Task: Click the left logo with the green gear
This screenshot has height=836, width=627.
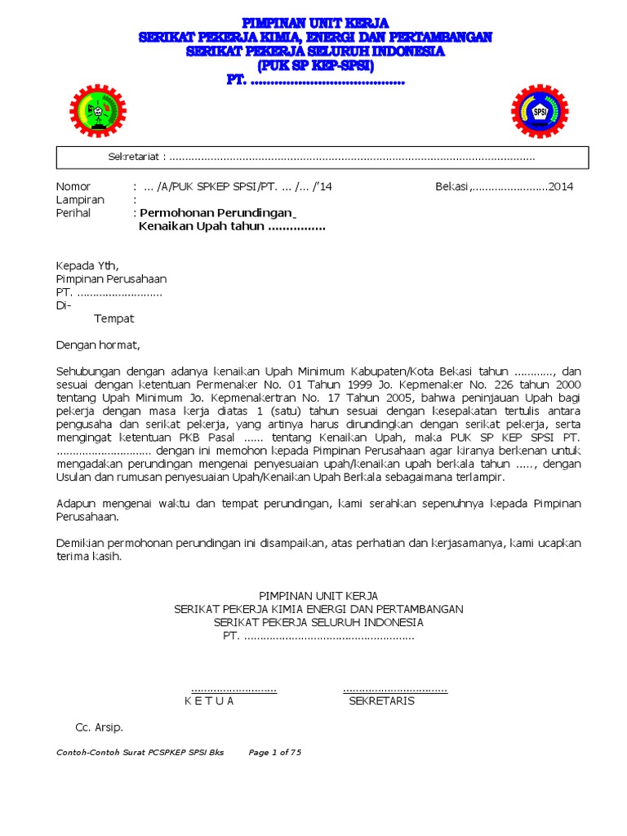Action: point(98,111)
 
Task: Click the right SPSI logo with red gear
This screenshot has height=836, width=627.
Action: point(540,111)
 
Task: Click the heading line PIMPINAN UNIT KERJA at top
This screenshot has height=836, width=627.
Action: point(315,22)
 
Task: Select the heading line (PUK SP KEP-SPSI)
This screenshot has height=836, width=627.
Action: point(315,65)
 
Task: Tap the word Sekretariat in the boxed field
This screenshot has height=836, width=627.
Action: point(136,157)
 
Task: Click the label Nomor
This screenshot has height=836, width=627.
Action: point(73,186)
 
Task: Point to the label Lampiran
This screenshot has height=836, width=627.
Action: point(80,199)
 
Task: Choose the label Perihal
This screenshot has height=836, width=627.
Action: point(73,213)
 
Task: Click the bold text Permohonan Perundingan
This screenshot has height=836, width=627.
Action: point(216,213)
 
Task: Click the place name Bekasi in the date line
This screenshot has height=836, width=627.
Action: point(451,186)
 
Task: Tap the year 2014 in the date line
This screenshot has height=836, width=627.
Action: point(561,186)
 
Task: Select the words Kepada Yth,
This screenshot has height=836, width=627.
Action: point(87,265)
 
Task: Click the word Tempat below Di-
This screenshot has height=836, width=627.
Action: point(113,318)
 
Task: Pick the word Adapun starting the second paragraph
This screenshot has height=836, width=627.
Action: point(78,504)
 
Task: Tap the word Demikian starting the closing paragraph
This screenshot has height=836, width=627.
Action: point(84,543)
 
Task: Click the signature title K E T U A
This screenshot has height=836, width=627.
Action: point(209,700)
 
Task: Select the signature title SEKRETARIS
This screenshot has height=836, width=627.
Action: point(381,700)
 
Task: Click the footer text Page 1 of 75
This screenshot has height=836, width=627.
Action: point(275,753)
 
